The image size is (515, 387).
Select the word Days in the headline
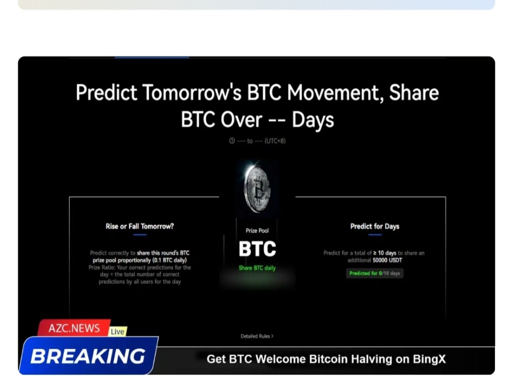(313, 120)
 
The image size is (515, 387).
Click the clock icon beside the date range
(232, 141)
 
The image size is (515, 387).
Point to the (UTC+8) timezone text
(275, 141)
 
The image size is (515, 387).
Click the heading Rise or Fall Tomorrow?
(140, 226)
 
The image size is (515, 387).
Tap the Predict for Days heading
(374, 226)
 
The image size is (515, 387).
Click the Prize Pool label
(257, 231)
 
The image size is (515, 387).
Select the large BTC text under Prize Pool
(257, 249)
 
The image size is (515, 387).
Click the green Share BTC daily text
(257, 268)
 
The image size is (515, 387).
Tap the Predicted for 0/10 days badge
(374, 273)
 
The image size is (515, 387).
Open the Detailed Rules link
(256, 336)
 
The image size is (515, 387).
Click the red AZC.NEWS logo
(74, 328)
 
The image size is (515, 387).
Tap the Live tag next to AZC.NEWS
(117, 331)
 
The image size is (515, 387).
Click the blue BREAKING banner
(88, 356)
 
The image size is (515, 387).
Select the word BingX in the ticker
(429, 359)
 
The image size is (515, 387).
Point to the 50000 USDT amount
(387, 260)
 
